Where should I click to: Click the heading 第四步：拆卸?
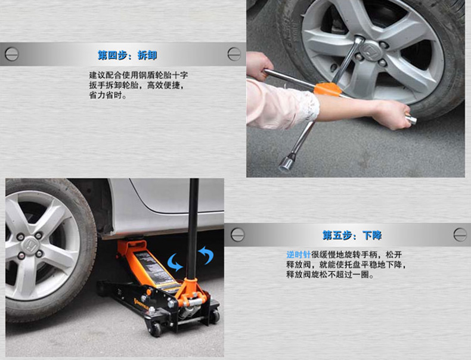click(x=128, y=55)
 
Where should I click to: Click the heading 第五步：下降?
click(x=352, y=235)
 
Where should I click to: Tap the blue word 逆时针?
click(x=298, y=255)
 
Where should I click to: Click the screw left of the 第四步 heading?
click(x=12, y=54)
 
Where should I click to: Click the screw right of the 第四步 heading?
click(x=234, y=54)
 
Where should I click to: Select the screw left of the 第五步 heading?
click(x=238, y=235)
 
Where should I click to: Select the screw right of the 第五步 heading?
click(x=460, y=235)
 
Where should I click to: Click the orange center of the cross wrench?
click(x=328, y=89)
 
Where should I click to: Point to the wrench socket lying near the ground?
click(x=286, y=164)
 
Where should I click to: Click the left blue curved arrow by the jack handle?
click(x=175, y=262)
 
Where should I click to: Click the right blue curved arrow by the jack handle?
click(x=206, y=255)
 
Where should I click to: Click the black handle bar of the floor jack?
click(x=193, y=229)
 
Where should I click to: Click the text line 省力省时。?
click(x=108, y=95)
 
